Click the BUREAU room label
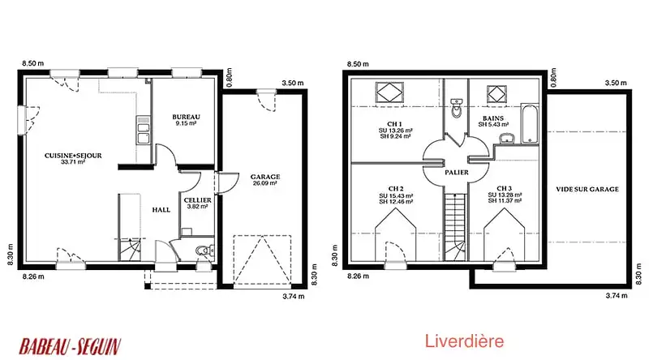187,117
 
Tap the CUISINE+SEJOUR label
73,156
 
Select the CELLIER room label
197,200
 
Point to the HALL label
161,210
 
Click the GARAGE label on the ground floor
265,177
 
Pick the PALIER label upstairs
457,172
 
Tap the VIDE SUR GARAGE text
587,189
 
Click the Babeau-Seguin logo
70,346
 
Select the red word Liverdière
464,341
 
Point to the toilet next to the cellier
204,251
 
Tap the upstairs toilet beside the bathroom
456,108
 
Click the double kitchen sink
144,130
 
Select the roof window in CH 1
389,92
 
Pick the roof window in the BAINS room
496,94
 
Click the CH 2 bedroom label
396,189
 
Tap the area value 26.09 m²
265,183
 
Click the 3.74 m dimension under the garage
294,296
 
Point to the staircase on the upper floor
456,227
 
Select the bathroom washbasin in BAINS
506,138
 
